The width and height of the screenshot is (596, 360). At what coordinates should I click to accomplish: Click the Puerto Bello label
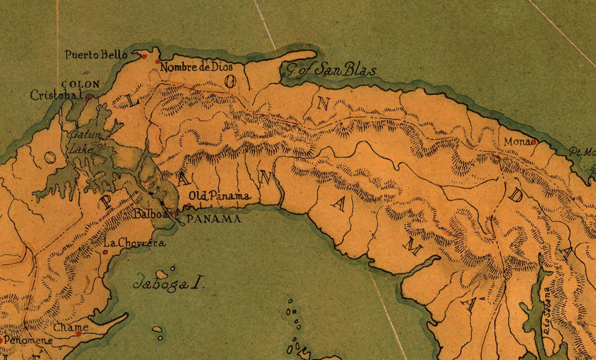[x=96, y=55]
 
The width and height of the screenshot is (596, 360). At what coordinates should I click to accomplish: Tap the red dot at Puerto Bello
[x=144, y=56]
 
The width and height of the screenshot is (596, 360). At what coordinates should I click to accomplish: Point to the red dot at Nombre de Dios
[x=158, y=62]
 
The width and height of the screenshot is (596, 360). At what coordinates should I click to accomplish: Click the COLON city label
[x=80, y=85]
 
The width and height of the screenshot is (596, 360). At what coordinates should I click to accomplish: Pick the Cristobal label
[x=56, y=95]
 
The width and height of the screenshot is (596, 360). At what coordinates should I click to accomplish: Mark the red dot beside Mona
[x=533, y=142]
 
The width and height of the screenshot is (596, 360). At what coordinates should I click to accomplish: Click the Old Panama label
[x=219, y=196]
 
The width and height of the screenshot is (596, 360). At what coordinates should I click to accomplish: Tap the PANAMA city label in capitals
[x=213, y=219]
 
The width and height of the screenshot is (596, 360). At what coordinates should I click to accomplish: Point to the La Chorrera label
[x=134, y=244]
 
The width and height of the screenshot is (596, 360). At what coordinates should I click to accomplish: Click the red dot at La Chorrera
[x=105, y=252]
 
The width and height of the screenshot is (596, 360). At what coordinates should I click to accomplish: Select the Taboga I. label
[x=168, y=284]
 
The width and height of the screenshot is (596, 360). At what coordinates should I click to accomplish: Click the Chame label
[x=71, y=327]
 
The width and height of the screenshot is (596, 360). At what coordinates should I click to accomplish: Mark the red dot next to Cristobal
[x=87, y=97]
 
